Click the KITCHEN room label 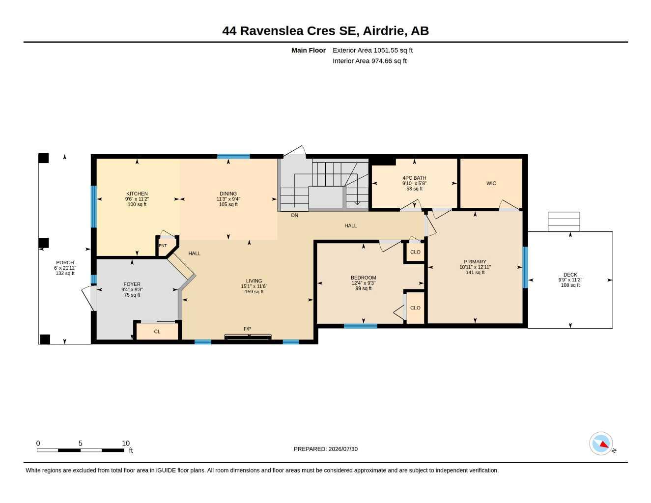tap(137, 194)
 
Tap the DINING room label tap(228, 194)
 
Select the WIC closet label tap(491, 183)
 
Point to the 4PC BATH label tap(414, 178)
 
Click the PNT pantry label tap(163, 246)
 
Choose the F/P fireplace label tap(247, 329)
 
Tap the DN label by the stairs tap(294, 215)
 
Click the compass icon tap(601, 444)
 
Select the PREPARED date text tap(326, 449)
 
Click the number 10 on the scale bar tap(126, 443)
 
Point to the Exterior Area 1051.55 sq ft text tap(372, 50)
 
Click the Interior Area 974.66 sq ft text tap(369, 61)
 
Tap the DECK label tap(570, 275)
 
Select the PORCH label tap(65, 263)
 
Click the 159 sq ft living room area tap(254, 292)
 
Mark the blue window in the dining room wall tap(233, 156)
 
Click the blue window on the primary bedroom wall tap(525, 267)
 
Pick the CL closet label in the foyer tap(157, 332)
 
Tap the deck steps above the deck tap(564, 222)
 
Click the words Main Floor tap(309, 50)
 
